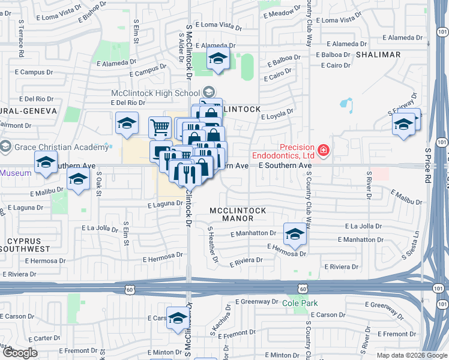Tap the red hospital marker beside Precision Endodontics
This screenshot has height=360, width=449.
pyautogui.click(x=324, y=149)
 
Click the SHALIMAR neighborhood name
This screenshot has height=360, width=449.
pyautogui.click(x=378, y=55)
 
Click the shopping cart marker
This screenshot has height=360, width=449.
pyautogui.click(x=159, y=127)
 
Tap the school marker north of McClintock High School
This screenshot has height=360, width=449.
pyautogui.click(x=218, y=58)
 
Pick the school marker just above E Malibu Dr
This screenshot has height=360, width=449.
pyautogui.click(x=77, y=179)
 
